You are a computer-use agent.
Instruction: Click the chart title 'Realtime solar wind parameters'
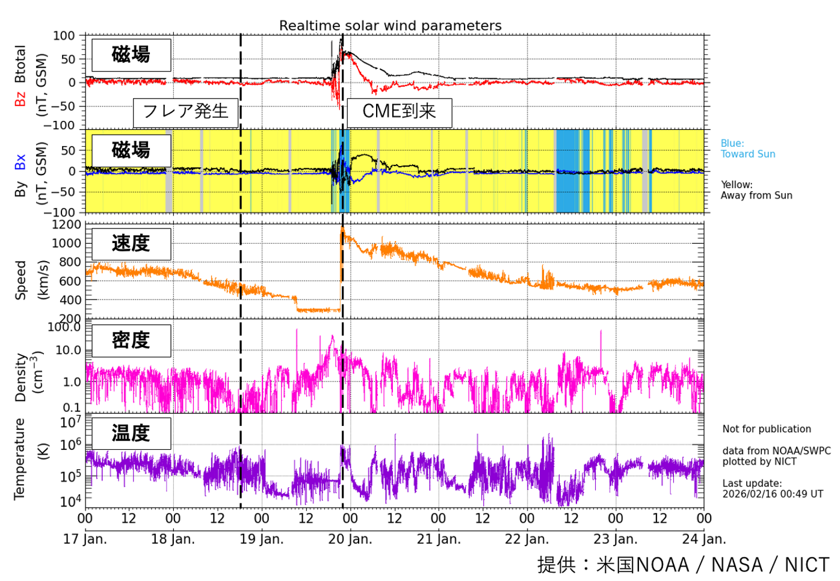390,26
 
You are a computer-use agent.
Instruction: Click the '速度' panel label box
131,244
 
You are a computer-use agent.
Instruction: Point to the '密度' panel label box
131,340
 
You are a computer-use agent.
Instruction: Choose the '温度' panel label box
131,433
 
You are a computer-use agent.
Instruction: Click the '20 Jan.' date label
350,539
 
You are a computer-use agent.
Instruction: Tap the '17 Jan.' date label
85,539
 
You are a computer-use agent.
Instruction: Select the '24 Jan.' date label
704,539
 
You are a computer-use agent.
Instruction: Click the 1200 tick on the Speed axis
66,225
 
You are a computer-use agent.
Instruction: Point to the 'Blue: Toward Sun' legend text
748,149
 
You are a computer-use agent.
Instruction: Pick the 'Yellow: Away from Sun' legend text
756,190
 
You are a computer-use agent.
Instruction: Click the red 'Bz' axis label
20,99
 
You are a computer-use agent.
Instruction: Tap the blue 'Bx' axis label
20,162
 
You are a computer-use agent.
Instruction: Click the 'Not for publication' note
767,429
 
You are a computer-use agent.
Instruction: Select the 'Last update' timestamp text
773,488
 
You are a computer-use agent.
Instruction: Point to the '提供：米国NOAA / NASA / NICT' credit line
683,565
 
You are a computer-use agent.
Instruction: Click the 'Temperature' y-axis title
20,459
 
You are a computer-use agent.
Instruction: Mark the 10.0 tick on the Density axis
67,350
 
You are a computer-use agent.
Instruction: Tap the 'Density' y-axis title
20,377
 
